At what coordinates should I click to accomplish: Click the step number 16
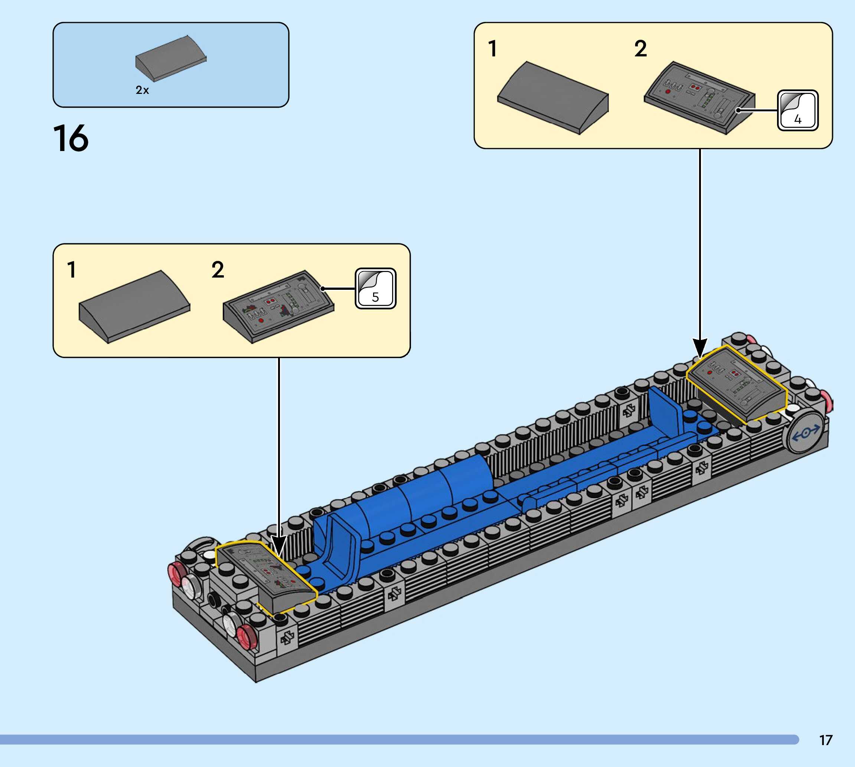pos(71,138)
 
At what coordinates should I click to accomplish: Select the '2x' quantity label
pos(142,90)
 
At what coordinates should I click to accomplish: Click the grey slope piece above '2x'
pos(171,58)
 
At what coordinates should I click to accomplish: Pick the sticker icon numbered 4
pos(798,111)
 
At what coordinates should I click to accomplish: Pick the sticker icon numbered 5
pos(376,289)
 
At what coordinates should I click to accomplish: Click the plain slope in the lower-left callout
pos(134,307)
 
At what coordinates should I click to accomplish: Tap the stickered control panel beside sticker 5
pos(278,307)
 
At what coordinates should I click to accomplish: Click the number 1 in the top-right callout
pos(492,49)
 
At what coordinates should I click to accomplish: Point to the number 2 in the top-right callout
pos(640,49)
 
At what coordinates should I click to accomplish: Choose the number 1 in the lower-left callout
pos(72,270)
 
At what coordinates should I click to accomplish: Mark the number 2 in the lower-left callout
pos(218,270)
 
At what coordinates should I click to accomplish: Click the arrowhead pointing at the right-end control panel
pos(700,348)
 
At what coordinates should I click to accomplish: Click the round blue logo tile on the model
pos(806,432)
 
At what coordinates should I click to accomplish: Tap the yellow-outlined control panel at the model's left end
pos(266,577)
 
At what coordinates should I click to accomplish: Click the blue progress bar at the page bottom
pos(399,740)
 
